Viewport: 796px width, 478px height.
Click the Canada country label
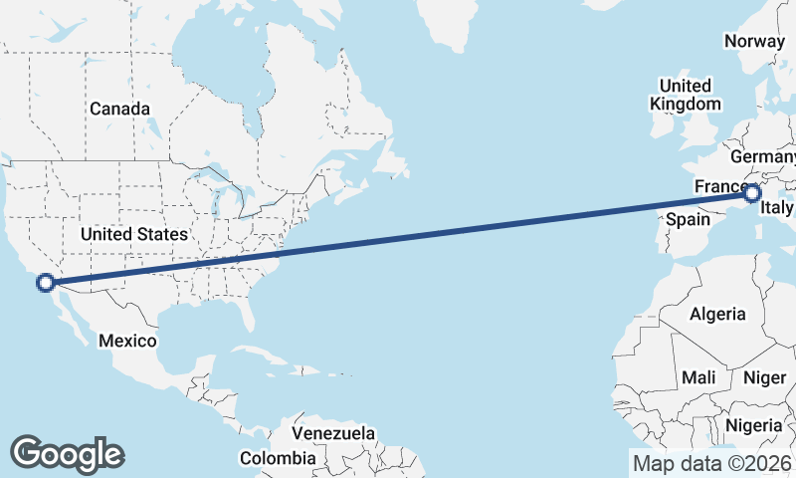[119, 109]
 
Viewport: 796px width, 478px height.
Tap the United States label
[133, 234]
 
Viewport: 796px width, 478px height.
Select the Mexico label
[127, 341]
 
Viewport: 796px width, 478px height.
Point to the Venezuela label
[333, 433]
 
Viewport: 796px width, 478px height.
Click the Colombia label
[278, 458]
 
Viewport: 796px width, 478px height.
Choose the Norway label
[754, 41]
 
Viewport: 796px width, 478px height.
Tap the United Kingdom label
[686, 95]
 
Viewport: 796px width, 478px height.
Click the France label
[718, 187]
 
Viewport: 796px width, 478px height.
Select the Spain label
[686, 218]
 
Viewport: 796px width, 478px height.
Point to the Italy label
[776, 208]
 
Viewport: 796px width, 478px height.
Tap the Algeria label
[717, 314]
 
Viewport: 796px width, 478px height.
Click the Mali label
[699, 377]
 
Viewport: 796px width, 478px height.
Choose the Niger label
[764, 377]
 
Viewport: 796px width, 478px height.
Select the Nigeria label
[753, 425]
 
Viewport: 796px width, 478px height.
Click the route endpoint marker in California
[46, 282]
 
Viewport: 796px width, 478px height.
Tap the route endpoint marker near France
[752, 193]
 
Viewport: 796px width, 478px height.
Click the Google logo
[67, 453]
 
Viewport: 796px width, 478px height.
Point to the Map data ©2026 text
[712, 463]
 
